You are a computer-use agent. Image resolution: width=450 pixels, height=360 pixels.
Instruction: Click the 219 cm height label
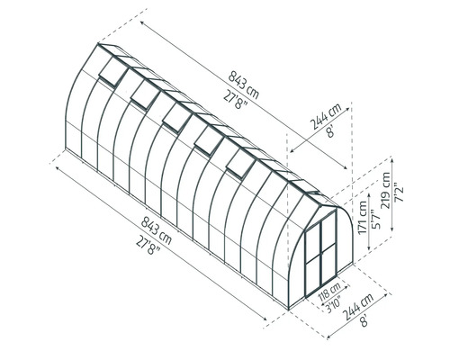(386, 191)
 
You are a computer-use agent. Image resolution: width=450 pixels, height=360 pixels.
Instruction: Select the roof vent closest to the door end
(240, 161)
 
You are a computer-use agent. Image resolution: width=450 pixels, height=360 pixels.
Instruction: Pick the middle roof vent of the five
(175, 114)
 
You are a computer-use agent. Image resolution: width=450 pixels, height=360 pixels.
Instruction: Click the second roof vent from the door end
(208, 137)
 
